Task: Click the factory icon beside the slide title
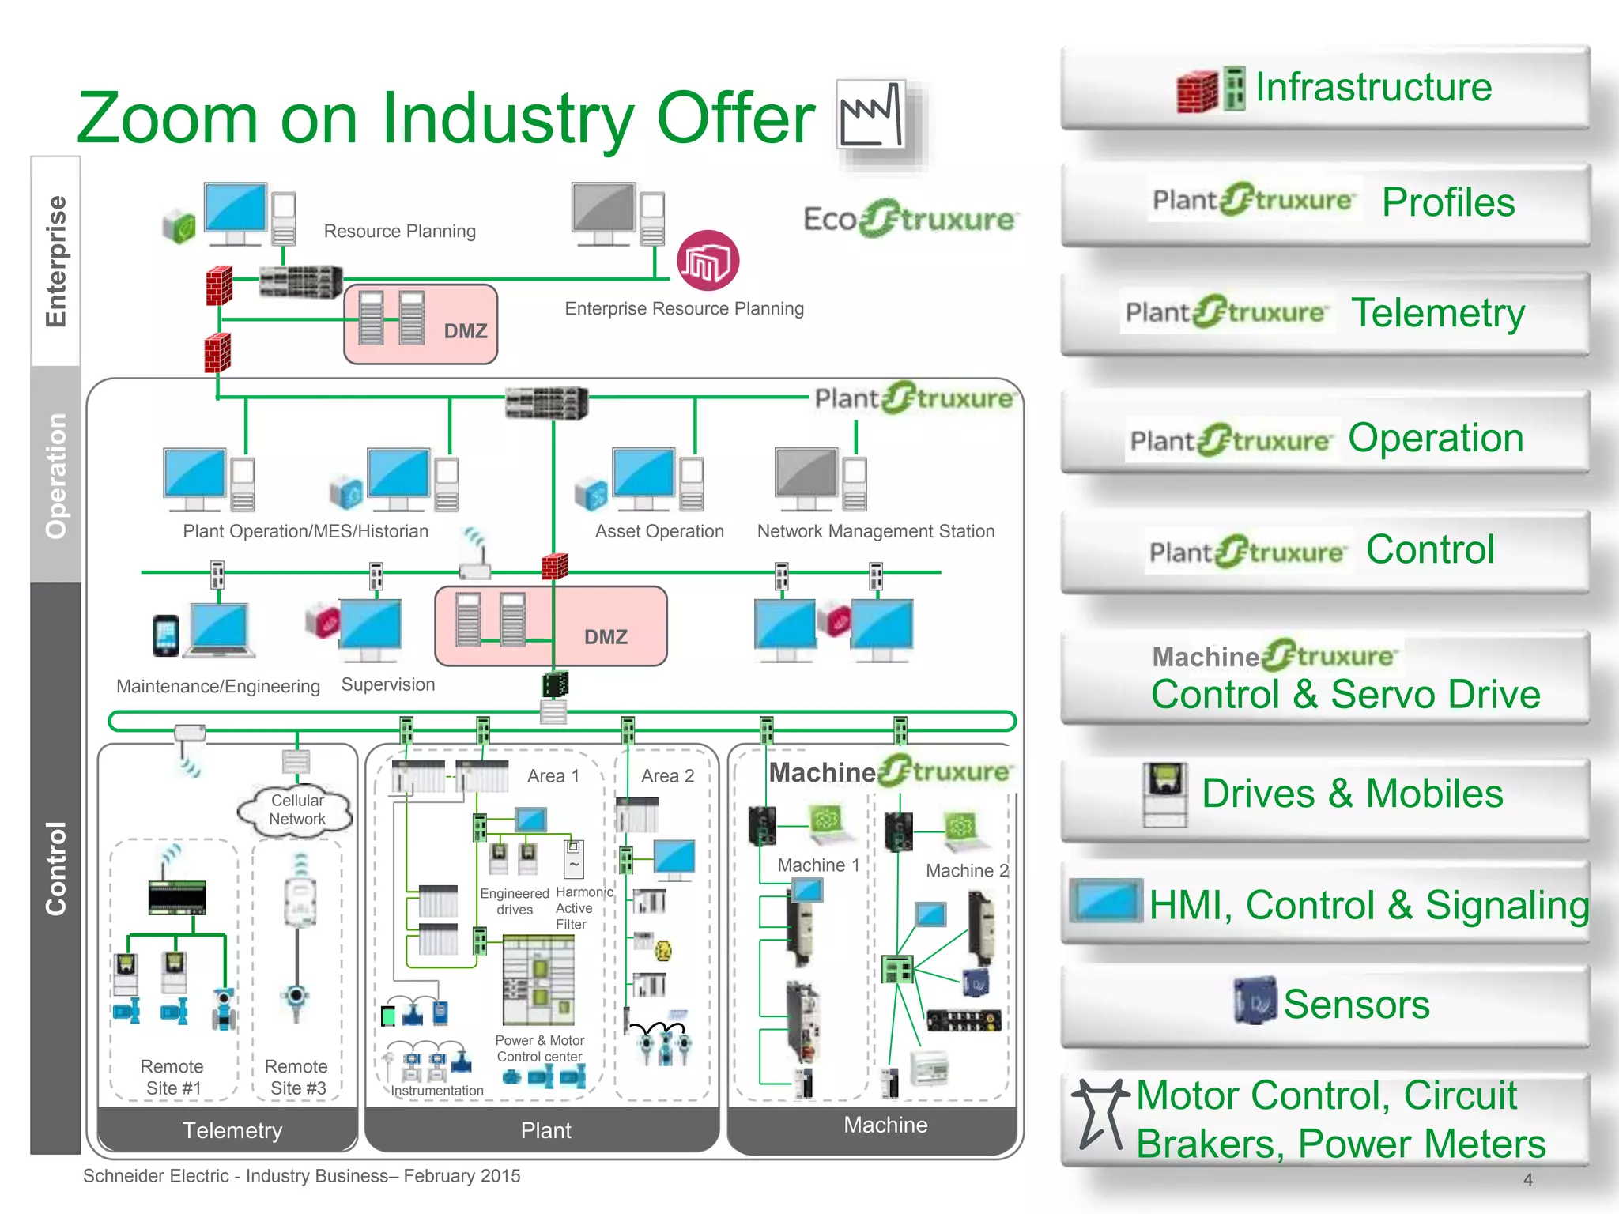click(x=872, y=115)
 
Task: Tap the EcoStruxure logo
click(x=910, y=219)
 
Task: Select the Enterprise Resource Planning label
click(x=684, y=309)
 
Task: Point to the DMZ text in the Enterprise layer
click(x=465, y=331)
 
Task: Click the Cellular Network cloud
click(x=296, y=810)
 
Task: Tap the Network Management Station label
click(x=875, y=531)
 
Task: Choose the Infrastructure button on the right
click(x=1325, y=88)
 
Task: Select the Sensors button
click(x=1325, y=1005)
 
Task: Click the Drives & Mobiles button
click(x=1325, y=794)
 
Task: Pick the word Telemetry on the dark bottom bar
click(x=232, y=1130)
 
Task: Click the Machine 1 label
click(x=817, y=865)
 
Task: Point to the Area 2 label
click(x=667, y=776)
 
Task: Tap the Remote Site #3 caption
click(x=296, y=1077)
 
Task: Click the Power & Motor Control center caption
click(x=540, y=1049)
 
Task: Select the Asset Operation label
click(x=659, y=531)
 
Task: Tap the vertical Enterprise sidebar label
click(x=55, y=261)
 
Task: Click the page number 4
click(x=1527, y=1180)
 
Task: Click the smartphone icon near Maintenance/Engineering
click(x=165, y=635)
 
